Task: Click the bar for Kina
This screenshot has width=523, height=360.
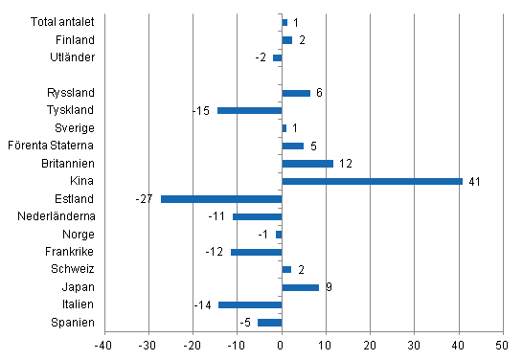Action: (372, 181)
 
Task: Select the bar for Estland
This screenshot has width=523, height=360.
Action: (221, 199)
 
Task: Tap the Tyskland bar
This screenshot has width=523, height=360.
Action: (249, 110)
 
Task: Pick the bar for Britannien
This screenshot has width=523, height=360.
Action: (307, 164)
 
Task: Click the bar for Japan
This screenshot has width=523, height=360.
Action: (301, 287)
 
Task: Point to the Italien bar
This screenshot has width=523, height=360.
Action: (250, 304)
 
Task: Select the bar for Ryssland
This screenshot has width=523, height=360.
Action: (296, 93)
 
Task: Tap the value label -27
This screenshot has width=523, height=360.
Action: (146, 199)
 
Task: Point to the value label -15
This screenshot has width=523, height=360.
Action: (201, 110)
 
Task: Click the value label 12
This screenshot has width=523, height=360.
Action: (345, 164)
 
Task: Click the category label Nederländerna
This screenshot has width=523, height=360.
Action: (57, 216)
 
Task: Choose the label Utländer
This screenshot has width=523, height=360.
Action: (73, 57)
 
